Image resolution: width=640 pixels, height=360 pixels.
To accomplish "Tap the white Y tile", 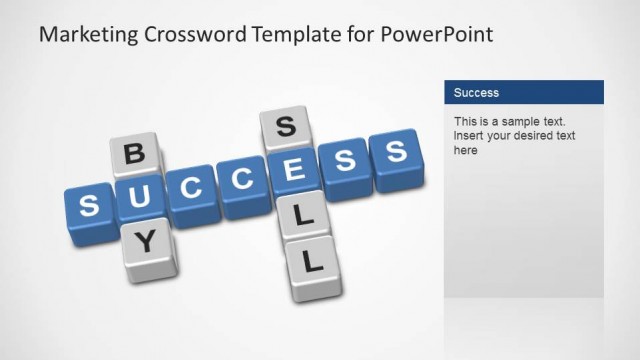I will tap(146, 240).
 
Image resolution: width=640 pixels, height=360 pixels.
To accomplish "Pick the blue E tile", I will tap(294, 171).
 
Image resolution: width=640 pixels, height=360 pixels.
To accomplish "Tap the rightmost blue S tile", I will tap(397, 152).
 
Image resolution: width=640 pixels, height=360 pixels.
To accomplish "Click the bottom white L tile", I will tap(312, 263).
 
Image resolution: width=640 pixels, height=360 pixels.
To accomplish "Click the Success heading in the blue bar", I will tap(476, 93).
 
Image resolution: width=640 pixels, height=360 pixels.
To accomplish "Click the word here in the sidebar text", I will tap(466, 150).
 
